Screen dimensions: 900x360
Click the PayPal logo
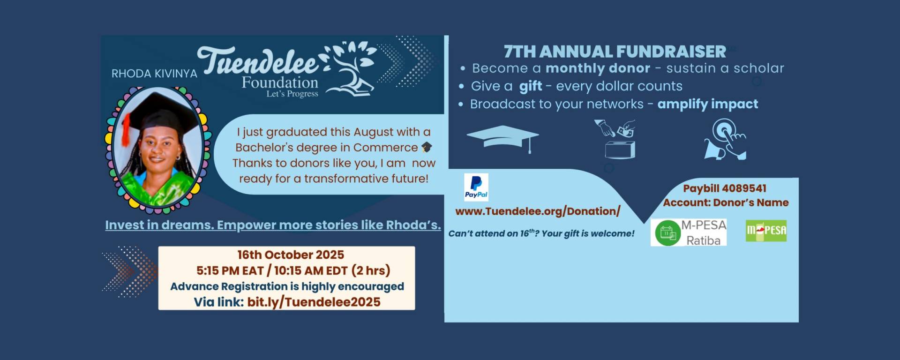click(x=476, y=187)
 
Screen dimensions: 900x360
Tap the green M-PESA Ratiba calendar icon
click(x=667, y=233)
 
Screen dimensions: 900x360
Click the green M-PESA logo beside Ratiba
click(x=766, y=231)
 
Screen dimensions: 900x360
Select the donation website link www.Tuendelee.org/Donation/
click(x=538, y=211)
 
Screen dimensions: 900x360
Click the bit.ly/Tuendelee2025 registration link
click(x=314, y=302)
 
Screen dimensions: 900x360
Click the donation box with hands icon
click(x=616, y=139)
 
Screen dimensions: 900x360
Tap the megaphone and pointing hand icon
click(x=725, y=139)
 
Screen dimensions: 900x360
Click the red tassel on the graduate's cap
click(x=125, y=129)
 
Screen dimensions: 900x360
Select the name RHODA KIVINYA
click(x=154, y=74)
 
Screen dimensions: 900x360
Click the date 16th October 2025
click(x=291, y=255)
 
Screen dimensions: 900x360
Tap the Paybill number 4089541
click(x=745, y=188)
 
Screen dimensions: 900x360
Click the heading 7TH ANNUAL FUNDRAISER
click(x=615, y=51)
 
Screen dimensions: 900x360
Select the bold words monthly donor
click(x=598, y=68)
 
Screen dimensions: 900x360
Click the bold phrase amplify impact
click(x=707, y=104)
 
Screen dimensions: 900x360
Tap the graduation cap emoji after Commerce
click(x=427, y=147)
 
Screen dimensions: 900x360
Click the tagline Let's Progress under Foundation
click(x=292, y=94)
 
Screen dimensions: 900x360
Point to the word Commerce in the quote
click(x=385, y=148)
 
